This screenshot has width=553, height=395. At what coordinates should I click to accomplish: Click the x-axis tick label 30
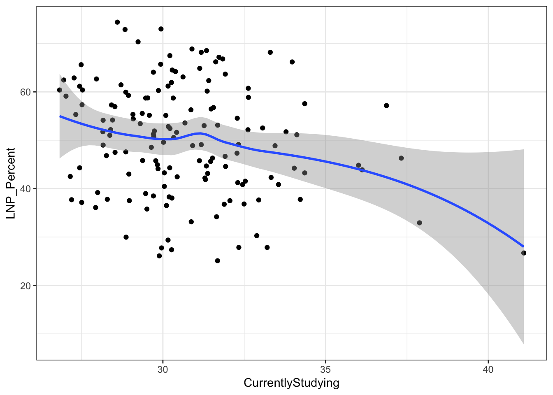163,369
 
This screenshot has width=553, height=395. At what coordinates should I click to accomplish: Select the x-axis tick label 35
325,369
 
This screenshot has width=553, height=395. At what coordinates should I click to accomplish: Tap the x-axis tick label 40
488,369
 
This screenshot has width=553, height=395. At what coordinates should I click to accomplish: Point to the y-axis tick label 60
26,92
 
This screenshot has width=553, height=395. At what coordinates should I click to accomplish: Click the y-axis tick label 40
26,189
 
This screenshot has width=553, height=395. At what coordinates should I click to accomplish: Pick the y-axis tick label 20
26,286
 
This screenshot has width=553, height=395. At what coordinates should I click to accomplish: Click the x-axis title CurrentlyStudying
291,383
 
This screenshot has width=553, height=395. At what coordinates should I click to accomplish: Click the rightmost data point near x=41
523,253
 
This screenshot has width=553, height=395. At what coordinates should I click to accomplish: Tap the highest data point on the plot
117,22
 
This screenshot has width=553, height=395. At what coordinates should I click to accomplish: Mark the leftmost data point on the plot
59,90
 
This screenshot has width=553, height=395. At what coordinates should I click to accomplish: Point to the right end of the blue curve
523,246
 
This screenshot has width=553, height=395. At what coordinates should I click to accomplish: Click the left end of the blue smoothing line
60,116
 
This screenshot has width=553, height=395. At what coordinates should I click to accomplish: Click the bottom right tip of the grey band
523,344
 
